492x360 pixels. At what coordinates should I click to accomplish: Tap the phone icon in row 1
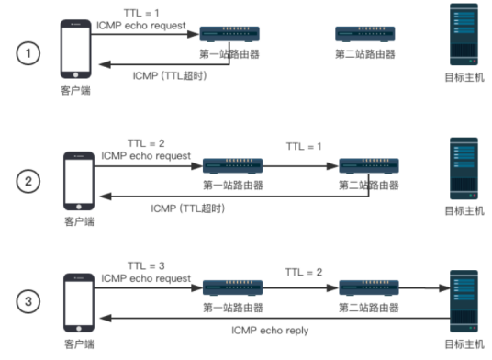[x=76, y=50]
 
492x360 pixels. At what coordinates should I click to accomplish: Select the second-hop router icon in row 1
[x=365, y=36]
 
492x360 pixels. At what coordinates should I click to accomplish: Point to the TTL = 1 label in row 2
[x=304, y=146]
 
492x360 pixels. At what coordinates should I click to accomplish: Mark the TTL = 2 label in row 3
[x=304, y=272]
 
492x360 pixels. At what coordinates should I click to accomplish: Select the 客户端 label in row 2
[x=78, y=222]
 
